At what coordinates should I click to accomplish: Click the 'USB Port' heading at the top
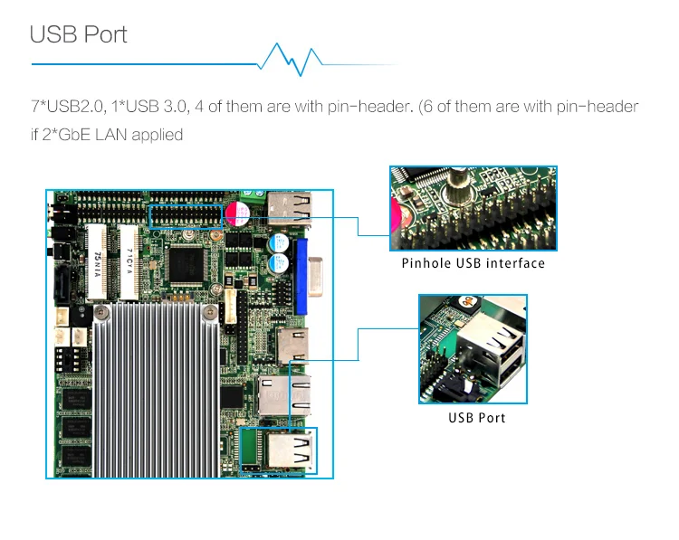(x=79, y=34)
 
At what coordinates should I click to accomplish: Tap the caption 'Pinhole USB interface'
(x=473, y=263)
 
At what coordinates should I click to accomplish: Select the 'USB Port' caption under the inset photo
(x=477, y=418)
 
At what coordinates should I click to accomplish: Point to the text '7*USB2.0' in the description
(x=67, y=107)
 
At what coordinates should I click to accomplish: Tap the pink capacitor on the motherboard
(x=237, y=213)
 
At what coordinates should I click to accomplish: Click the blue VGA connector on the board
(x=301, y=276)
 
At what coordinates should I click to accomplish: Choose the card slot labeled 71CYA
(x=129, y=262)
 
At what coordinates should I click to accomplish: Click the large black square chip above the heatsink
(x=186, y=265)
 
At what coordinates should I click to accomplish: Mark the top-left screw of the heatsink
(x=101, y=311)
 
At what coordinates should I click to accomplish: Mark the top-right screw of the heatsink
(x=210, y=311)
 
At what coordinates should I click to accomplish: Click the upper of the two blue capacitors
(x=279, y=242)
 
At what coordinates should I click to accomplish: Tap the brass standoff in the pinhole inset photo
(x=455, y=185)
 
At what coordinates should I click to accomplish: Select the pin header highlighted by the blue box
(x=186, y=216)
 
